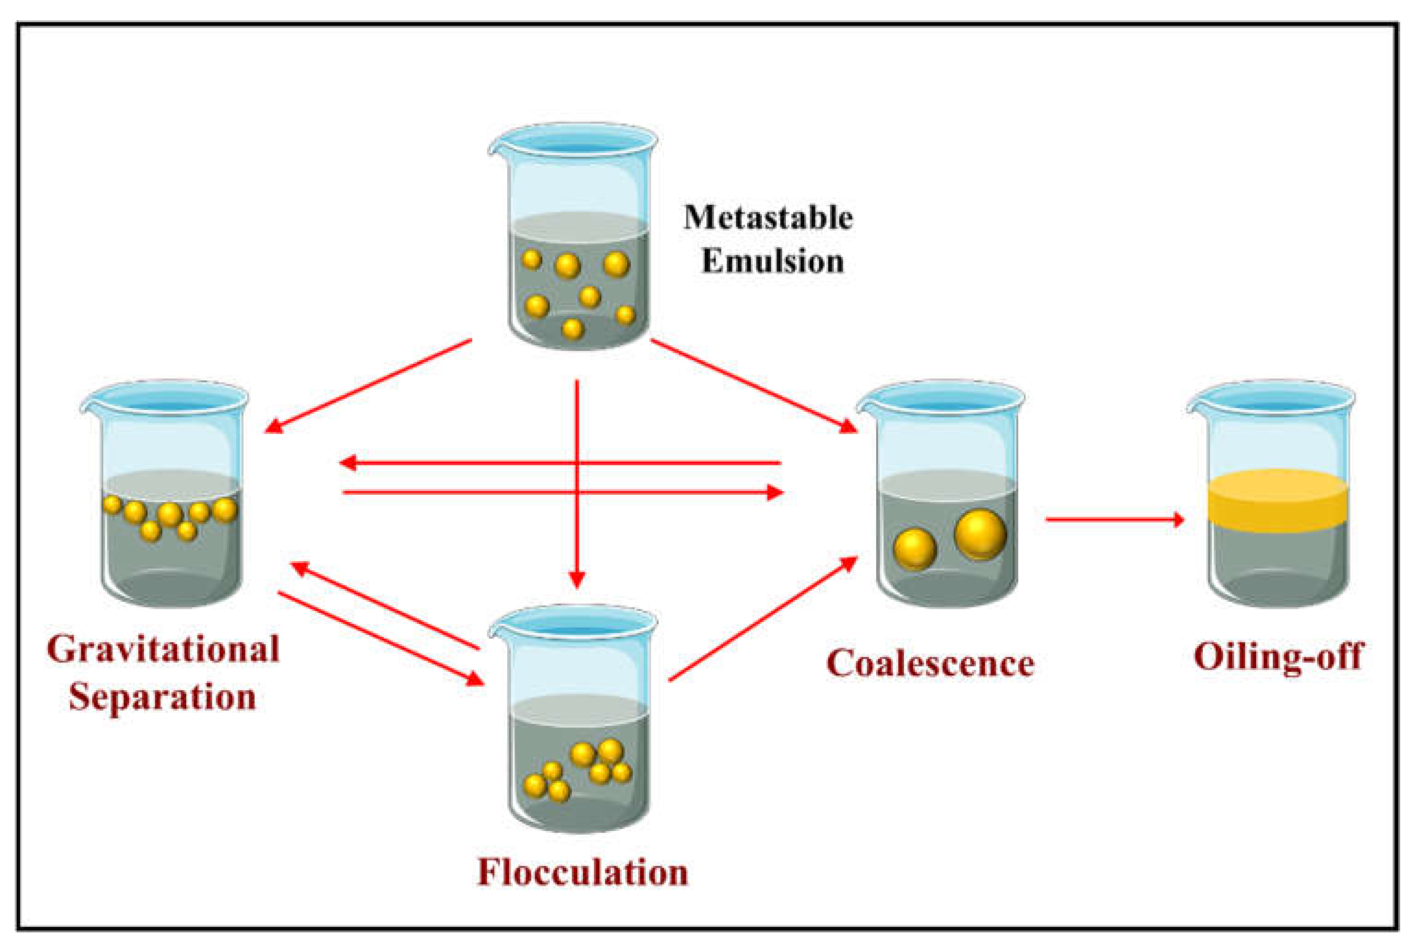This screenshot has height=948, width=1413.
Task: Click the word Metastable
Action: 768,218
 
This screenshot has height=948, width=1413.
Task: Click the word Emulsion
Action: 772,261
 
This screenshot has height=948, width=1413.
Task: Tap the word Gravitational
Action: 163,649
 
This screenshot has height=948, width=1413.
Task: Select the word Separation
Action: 162,697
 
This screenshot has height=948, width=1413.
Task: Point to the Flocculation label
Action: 582,872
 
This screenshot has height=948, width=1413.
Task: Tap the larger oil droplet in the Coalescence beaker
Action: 980,534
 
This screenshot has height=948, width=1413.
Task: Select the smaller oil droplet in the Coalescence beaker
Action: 914,549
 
